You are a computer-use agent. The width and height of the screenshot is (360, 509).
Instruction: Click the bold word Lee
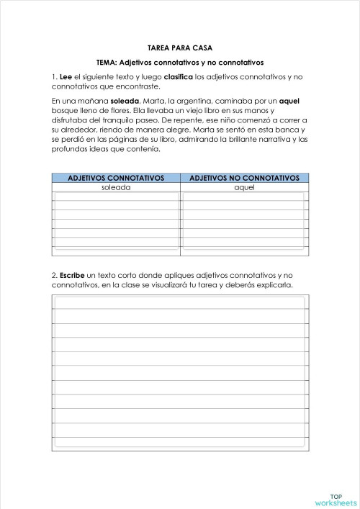(x=66, y=76)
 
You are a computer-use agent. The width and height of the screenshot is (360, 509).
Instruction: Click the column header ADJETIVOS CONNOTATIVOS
(x=116, y=178)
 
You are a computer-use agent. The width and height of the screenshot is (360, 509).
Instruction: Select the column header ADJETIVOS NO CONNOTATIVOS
(x=244, y=178)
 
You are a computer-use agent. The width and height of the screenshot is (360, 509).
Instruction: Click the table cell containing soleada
(x=116, y=187)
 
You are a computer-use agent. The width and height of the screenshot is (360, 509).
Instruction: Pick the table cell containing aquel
(x=244, y=187)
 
